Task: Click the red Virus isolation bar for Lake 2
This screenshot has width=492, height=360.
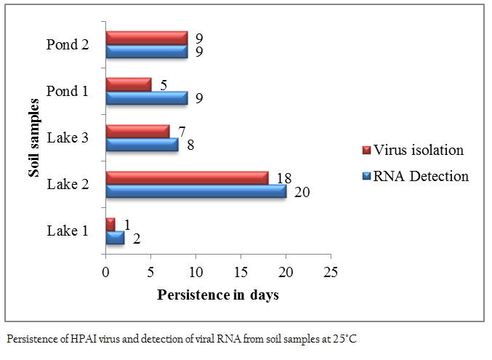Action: pos(187,178)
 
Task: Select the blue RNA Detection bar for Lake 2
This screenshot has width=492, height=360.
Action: pos(196,191)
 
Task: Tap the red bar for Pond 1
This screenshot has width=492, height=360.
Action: pos(129,85)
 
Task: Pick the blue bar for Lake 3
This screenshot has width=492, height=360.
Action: pos(142,145)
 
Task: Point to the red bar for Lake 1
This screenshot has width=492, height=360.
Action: pos(110,225)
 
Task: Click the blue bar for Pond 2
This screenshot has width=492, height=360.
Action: pos(147,52)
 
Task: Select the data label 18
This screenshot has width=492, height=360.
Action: pos(284,178)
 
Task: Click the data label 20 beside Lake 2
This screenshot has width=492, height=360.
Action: pos(302,192)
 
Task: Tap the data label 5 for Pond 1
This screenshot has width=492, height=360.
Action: pos(164,85)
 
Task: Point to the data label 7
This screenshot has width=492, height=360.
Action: pos(182,132)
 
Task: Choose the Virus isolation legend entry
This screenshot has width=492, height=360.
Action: pos(413,150)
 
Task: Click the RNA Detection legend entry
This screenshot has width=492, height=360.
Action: pos(415,176)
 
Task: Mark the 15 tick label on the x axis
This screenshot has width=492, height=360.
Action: pos(241,272)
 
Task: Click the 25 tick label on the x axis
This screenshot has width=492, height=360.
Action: pos(331,272)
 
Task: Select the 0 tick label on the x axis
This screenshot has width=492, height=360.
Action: pos(106,272)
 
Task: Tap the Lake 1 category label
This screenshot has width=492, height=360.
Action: pos(68,231)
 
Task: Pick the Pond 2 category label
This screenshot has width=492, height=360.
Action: pos(68,44)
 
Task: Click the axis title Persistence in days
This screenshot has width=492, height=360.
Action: pos(218,295)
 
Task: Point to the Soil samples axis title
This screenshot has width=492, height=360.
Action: pos(33,138)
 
